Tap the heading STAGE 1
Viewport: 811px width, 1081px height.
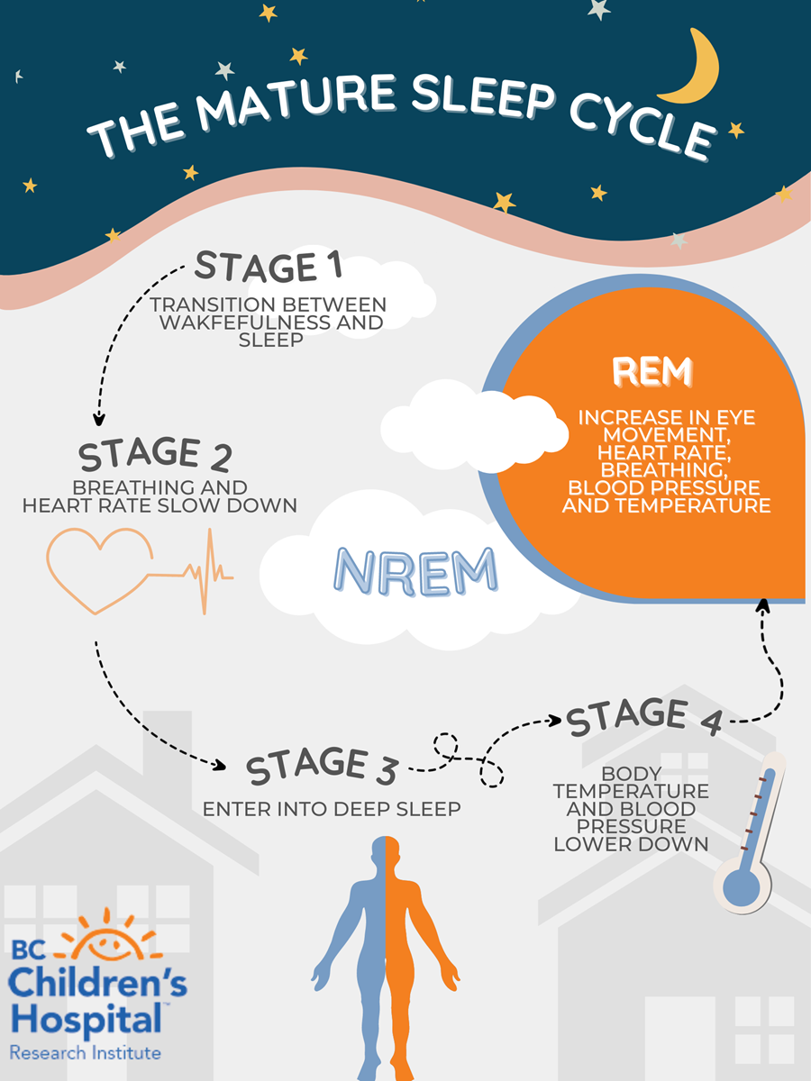pyautogui.click(x=268, y=266)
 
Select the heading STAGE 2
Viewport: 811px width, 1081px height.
pyautogui.click(x=155, y=454)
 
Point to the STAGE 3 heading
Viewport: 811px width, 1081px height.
pyautogui.click(x=322, y=765)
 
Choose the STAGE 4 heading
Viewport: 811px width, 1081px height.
pyautogui.click(x=644, y=716)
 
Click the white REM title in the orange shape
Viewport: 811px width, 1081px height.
pyautogui.click(x=652, y=371)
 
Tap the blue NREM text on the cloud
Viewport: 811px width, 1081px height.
pyautogui.click(x=415, y=571)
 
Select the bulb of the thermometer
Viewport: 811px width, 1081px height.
pyautogui.click(x=742, y=886)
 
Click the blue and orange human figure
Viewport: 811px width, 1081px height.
pyautogui.click(x=386, y=958)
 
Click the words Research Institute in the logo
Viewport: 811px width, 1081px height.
pyautogui.click(x=86, y=1053)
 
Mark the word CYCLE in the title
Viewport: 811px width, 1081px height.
pyautogui.click(x=642, y=123)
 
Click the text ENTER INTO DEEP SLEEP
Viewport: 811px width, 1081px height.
pyautogui.click(x=332, y=809)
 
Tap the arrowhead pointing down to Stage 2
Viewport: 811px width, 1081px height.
pyautogui.click(x=99, y=420)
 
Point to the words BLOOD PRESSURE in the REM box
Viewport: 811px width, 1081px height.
pyautogui.click(x=664, y=487)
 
